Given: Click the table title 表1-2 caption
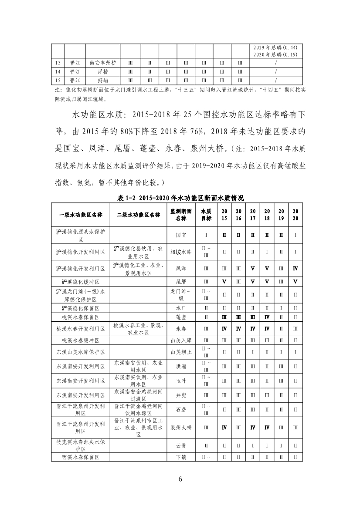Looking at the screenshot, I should click(x=180, y=198).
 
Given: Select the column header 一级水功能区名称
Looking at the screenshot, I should click(x=81, y=215).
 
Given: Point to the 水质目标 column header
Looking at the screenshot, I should click(x=206, y=215).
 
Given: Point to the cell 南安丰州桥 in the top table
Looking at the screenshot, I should click(x=103, y=62).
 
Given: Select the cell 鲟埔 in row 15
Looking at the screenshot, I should click(x=103, y=81).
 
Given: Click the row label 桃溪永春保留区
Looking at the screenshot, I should click(x=81, y=317).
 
